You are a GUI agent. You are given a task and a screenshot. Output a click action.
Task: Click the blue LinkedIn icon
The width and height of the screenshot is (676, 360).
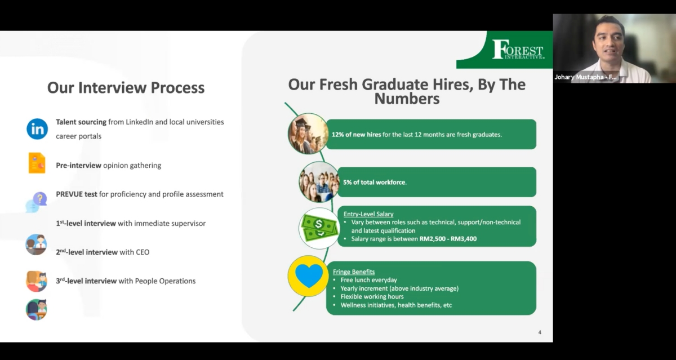point(37,129)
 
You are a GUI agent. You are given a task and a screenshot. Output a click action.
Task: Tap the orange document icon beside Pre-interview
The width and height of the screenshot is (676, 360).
point(37,163)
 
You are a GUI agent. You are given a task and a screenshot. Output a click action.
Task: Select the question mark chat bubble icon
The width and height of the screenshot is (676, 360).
point(37,202)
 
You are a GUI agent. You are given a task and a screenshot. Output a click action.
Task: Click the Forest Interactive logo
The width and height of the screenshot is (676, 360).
point(518,50)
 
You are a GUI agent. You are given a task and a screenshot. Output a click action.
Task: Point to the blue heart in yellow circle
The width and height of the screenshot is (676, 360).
point(308,276)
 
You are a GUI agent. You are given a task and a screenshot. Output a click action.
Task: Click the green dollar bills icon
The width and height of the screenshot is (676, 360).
point(319,228)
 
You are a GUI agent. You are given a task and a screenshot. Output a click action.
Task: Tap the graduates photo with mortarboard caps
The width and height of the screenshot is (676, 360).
point(308,134)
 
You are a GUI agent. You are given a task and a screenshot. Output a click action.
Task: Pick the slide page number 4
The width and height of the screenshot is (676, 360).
point(540,332)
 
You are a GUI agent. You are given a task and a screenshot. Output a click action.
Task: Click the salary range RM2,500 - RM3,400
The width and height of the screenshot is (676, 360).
point(448,239)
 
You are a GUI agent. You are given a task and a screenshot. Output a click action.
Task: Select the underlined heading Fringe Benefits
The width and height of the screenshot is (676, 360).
point(354,272)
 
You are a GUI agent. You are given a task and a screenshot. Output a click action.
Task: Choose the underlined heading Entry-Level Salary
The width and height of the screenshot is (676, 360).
point(368,214)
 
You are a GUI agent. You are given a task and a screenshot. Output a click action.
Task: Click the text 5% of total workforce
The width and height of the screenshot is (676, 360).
point(375,183)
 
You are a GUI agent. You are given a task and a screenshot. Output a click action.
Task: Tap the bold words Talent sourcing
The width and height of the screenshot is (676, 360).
point(81,122)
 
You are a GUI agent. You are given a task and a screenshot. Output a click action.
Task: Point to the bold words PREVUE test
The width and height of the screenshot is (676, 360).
point(77,194)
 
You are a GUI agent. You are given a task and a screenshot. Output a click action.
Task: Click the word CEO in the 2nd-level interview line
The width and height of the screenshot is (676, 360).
point(142,252)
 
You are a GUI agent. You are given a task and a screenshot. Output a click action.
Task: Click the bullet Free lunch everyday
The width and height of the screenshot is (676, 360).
point(368,280)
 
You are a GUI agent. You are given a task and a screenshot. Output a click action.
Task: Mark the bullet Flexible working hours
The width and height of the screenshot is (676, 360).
point(372,297)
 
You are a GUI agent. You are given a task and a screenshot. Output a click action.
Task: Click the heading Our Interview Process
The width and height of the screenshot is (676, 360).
point(126,88)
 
